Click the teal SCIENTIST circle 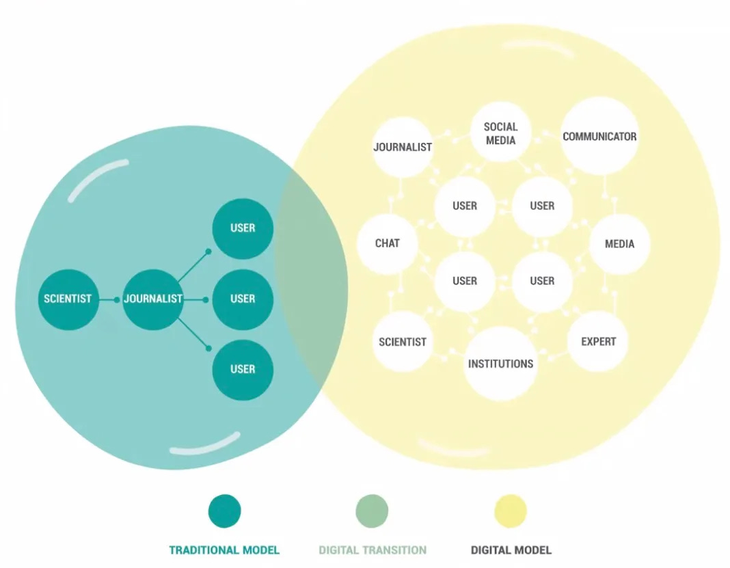pyautogui.click(x=68, y=299)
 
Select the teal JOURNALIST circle pyautogui.click(x=153, y=299)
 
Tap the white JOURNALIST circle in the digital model pyautogui.click(x=403, y=147)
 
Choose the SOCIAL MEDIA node pyautogui.click(x=501, y=133)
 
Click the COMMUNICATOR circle pyautogui.click(x=599, y=136)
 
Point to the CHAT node pyautogui.click(x=388, y=243)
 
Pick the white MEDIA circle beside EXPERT pyautogui.click(x=619, y=244)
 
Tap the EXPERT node pyautogui.click(x=598, y=342)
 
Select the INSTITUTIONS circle pyautogui.click(x=500, y=364)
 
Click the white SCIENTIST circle pyautogui.click(x=403, y=342)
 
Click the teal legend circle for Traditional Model pyautogui.click(x=224, y=511)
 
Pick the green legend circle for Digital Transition pyautogui.click(x=372, y=511)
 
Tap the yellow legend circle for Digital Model pyautogui.click(x=511, y=511)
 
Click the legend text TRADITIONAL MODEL pyautogui.click(x=224, y=550)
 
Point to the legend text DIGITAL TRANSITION pyautogui.click(x=373, y=550)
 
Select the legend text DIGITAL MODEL pyautogui.click(x=511, y=550)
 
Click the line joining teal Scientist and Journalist pyautogui.click(x=110, y=299)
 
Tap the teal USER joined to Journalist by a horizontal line pyautogui.click(x=243, y=299)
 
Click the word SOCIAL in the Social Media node pyautogui.click(x=501, y=126)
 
